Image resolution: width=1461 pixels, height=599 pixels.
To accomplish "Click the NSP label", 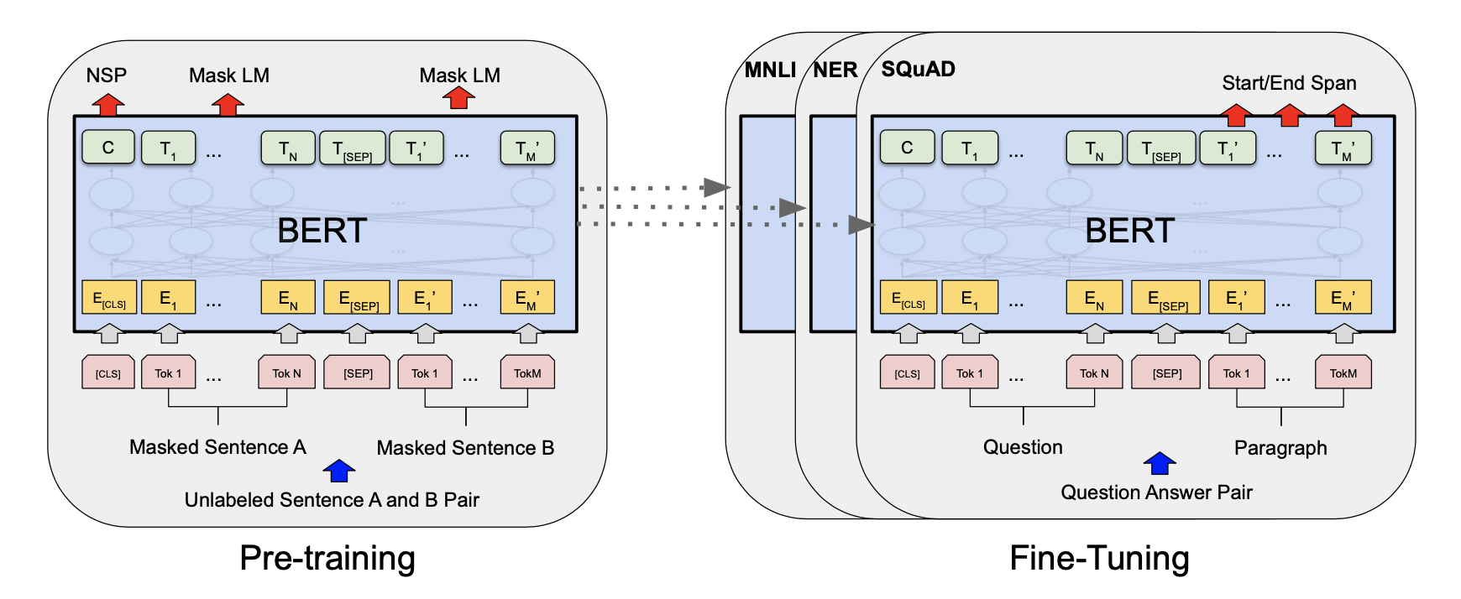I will (107, 76).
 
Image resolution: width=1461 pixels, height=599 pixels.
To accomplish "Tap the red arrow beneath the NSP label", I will (107, 105).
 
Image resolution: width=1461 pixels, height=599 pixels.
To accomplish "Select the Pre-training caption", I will (327, 558).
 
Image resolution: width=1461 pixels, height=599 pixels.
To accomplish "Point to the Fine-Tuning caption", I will (1099, 558).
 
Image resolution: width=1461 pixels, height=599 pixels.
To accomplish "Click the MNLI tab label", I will (770, 70).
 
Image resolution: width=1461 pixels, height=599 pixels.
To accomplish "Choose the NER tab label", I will (835, 70).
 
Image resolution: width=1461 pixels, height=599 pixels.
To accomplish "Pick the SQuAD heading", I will (918, 69).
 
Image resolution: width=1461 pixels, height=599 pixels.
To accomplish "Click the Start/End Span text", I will (1289, 83).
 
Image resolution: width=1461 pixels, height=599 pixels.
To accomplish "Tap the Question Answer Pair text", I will (1156, 492).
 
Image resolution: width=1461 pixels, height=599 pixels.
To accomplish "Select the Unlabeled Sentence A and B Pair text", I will (332, 500).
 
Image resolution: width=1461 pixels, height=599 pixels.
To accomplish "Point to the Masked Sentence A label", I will (217, 447).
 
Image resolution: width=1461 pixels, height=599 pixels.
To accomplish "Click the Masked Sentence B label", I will (465, 448).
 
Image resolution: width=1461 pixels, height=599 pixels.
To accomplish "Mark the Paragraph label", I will (1280, 448).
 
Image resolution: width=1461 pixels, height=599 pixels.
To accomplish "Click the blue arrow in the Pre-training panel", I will (338, 471).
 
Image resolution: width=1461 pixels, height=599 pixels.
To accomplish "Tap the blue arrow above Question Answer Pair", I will (1160, 463).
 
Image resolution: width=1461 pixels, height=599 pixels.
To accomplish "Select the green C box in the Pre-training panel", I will (108, 148).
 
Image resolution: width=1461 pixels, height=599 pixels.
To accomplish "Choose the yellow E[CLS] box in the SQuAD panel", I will (908, 298).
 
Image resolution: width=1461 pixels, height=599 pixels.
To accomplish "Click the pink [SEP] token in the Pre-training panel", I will (358, 372).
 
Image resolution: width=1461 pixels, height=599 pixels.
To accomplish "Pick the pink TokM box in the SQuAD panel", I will (1343, 372).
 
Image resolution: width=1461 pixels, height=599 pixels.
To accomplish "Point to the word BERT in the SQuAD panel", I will (1129, 231).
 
